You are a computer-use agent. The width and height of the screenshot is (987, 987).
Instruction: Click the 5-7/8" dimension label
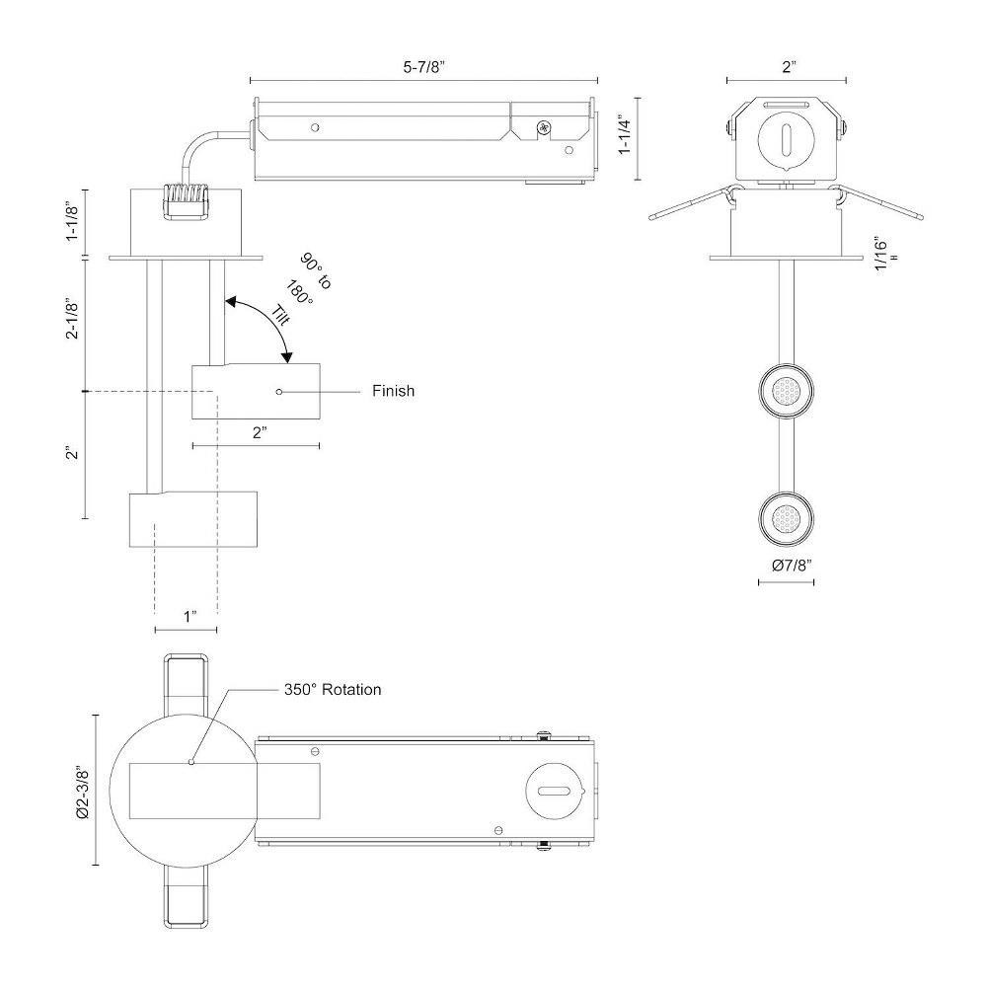(x=423, y=67)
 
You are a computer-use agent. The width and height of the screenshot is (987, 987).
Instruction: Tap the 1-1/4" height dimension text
(x=625, y=134)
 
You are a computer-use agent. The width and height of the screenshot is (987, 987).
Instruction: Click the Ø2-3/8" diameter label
(x=82, y=792)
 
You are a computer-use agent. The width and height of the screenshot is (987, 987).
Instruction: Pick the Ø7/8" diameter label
(x=792, y=566)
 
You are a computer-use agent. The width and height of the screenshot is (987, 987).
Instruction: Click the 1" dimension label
(x=190, y=616)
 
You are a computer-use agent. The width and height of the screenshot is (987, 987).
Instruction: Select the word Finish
(x=393, y=391)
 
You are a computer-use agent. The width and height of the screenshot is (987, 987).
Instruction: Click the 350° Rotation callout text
(x=333, y=689)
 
